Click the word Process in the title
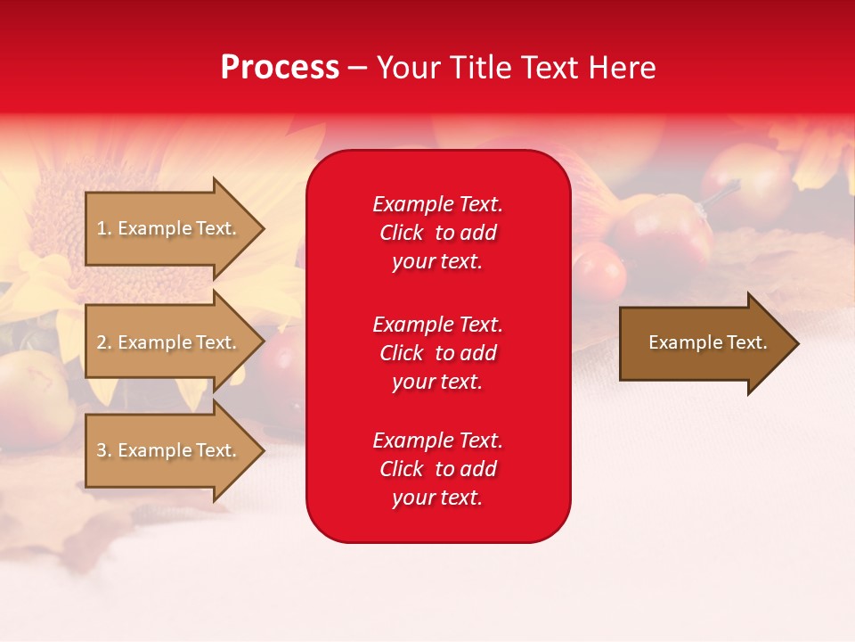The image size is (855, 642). click(280, 68)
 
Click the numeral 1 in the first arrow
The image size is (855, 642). click(102, 228)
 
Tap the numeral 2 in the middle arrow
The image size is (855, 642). click(102, 342)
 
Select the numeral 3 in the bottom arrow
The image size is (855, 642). click(102, 450)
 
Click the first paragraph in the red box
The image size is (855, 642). click(437, 233)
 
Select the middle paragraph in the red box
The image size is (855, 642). click(437, 353)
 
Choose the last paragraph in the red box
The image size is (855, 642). click(437, 469)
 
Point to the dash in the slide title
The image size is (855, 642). click(357, 69)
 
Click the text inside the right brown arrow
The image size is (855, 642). click(708, 342)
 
